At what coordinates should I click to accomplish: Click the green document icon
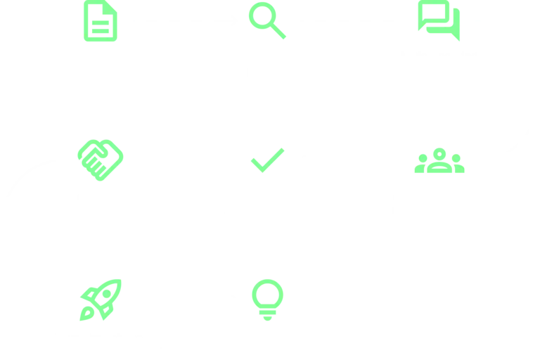[101, 21]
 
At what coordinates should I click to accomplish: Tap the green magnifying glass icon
[267, 21]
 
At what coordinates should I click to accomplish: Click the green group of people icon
[439, 161]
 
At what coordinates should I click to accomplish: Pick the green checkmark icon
[268, 160]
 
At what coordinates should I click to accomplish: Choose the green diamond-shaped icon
[99, 161]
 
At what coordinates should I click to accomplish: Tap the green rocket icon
[101, 300]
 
